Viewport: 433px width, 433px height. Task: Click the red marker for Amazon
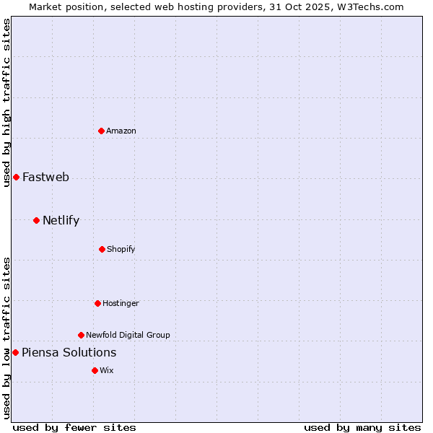pos(101,131)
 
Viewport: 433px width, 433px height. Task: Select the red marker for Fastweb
pos(16,177)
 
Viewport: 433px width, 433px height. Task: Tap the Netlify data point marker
pos(36,220)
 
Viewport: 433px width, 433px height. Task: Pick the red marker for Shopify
pos(102,249)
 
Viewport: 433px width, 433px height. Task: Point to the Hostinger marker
pos(97,303)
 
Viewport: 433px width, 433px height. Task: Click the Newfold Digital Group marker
pos(81,335)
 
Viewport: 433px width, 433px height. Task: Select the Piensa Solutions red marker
pos(15,352)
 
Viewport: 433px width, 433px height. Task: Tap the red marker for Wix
pos(95,370)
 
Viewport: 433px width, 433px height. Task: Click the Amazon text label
pos(121,131)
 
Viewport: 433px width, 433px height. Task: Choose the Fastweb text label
pos(45,177)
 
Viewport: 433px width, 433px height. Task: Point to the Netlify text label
pos(61,220)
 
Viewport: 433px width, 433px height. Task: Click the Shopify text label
pos(121,249)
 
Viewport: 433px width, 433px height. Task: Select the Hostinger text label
pos(121,303)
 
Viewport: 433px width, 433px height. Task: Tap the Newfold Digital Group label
pos(128,335)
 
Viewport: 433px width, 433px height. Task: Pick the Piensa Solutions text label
pos(69,352)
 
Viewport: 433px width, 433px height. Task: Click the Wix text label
pos(107,370)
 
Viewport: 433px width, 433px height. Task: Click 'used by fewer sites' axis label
pos(74,427)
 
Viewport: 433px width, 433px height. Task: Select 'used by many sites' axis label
pos(362,427)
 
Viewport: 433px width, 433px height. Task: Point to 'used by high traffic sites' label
pos(6,102)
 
